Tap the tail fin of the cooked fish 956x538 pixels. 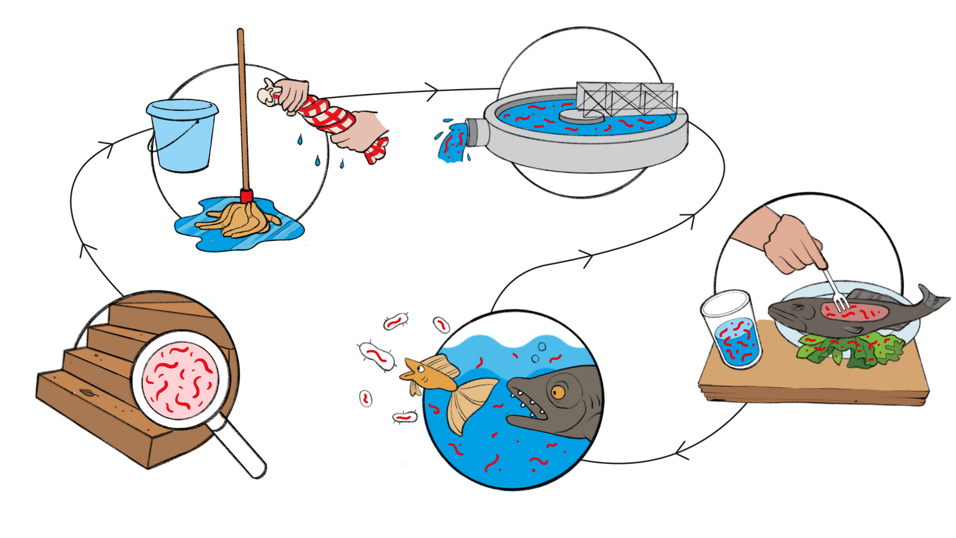click(932, 299)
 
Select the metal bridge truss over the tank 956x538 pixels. click(625, 98)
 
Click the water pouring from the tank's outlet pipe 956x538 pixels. click(451, 143)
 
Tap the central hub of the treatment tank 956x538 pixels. click(570, 115)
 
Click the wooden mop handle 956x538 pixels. click(243, 108)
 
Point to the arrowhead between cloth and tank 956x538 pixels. click(431, 90)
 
